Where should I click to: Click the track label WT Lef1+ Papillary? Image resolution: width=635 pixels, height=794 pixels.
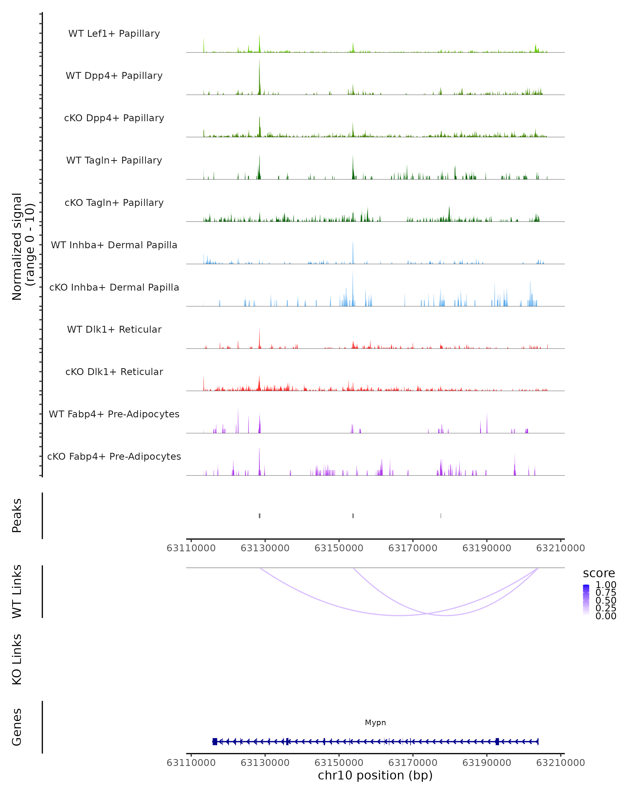point(114,34)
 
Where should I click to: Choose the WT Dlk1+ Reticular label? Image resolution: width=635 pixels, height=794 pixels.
point(114,329)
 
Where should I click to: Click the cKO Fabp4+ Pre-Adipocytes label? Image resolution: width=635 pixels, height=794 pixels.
point(114,456)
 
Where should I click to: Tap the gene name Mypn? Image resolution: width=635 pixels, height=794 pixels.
point(375,722)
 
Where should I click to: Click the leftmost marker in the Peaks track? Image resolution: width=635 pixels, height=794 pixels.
point(260,516)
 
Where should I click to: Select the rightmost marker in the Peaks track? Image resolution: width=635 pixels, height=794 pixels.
point(441,516)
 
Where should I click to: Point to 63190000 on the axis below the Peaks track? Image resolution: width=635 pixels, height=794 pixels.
point(486,548)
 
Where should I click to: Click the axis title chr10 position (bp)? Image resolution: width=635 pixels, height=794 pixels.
point(375,775)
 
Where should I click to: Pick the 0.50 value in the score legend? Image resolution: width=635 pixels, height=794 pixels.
point(606,600)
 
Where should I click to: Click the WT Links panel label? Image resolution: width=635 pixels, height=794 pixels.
point(17,592)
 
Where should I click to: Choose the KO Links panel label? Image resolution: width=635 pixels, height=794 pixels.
point(17,659)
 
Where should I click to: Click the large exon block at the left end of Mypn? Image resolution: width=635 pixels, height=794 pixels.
point(215,741)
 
